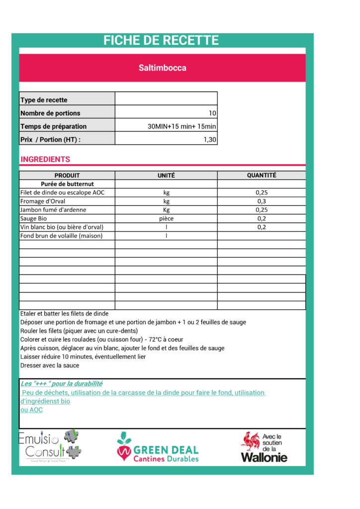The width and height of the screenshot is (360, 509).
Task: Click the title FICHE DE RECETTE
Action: coord(161,41)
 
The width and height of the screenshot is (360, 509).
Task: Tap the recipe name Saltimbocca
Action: coord(162,68)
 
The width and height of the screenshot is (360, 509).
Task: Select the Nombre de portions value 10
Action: coord(212,113)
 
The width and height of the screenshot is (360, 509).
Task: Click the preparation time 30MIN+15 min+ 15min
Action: coord(182,126)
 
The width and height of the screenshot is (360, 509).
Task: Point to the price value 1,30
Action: coord(210,140)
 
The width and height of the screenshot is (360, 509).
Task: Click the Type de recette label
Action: coord(44,100)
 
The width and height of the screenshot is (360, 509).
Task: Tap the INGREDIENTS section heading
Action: coord(45,160)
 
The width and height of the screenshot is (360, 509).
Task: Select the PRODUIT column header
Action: coord(67,175)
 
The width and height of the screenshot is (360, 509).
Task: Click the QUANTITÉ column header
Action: coord(262,175)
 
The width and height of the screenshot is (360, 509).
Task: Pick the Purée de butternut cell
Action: coord(67,184)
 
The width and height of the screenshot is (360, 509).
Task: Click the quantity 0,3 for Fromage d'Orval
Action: coord(262,201)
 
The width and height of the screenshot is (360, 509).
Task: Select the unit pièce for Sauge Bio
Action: coord(166,218)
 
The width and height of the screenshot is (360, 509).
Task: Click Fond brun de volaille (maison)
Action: coord(61,236)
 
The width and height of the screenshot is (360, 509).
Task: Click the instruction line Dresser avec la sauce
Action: coord(50,365)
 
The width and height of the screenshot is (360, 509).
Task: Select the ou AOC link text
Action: coord(31,410)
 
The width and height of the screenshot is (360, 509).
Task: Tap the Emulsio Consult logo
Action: coord(49,445)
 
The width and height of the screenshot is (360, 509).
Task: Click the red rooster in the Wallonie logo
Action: coord(250,440)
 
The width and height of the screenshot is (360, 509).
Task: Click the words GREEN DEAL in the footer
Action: coord(166,450)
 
